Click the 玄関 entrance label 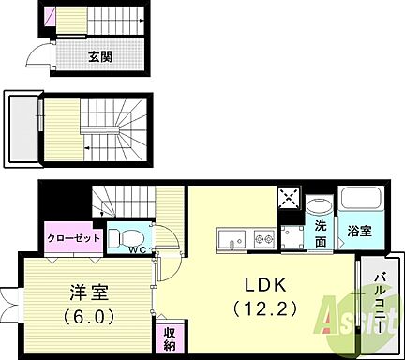click(x=100, y=57)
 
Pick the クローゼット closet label click(x=74, y=238)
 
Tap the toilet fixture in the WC click(x=126, y=235)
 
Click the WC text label click(x=137, y=250)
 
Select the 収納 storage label click(x=164, y=338)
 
